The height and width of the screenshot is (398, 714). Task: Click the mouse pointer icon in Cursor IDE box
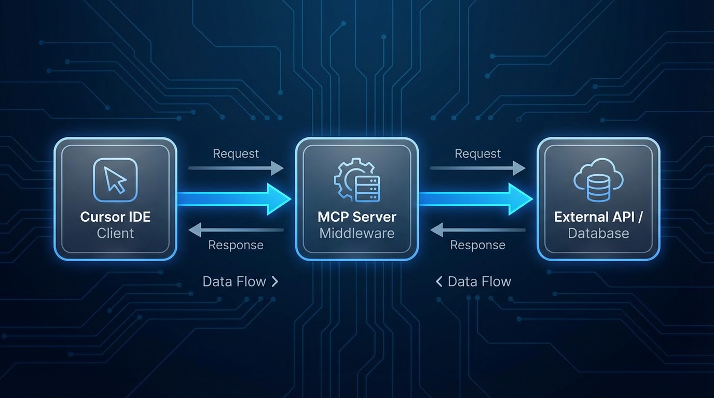point(115,180)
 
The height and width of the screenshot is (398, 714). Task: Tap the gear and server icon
point(357,180)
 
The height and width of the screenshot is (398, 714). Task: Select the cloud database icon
point(598,180)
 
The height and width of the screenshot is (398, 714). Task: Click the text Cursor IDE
point(115,217)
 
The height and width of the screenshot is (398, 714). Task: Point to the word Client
point(115,233)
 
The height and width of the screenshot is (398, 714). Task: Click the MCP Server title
point(357,217)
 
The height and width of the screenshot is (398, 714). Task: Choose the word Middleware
point(357,233)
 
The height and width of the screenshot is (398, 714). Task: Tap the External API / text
point(598,217)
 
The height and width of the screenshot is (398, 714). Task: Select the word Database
point(598,233)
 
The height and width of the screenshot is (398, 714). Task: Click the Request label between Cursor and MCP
point(236,154)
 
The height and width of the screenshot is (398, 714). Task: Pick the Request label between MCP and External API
point(477,154)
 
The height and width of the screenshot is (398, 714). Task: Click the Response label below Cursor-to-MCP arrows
point(236,245)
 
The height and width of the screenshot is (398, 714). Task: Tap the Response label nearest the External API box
point(477,245)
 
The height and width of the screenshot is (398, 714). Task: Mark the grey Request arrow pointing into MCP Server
point(236,168)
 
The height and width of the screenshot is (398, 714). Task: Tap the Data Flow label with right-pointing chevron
point(240,281)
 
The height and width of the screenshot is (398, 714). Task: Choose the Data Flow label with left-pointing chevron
point(473,281)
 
